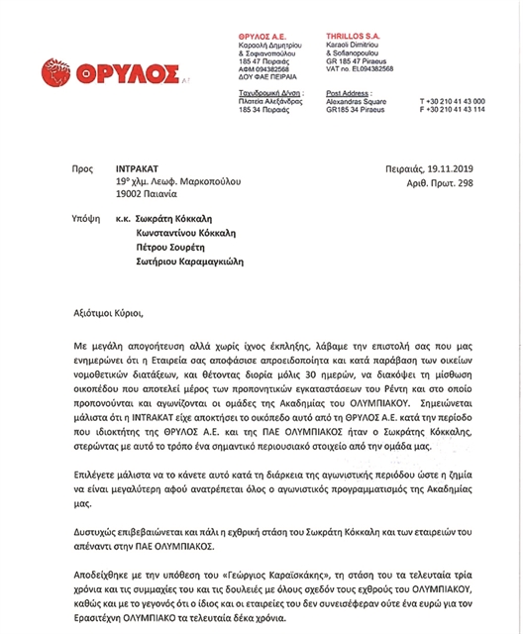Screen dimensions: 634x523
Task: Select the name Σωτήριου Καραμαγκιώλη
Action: pos(189,263)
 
